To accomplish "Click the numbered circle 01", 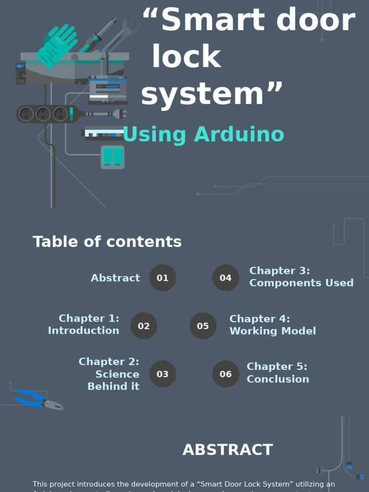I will click(162, 278).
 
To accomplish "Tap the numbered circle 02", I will click(144, 326).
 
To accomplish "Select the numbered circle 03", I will click(162, 374).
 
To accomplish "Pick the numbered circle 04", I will click(225, 278).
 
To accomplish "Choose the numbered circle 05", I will click(203, 326).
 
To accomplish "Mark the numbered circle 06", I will click(225, 374).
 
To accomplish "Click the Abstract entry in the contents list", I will click(115, 278).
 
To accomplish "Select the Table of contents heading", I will click(107, 242).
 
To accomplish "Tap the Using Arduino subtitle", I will click(203, 135).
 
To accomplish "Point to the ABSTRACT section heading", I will click(228, 450).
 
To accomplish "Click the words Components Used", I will click(301, 283).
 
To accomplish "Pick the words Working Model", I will click(272, 331).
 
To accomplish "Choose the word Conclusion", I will click(278, 379).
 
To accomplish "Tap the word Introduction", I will click(84, 331).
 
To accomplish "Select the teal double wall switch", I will click(112, 157).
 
